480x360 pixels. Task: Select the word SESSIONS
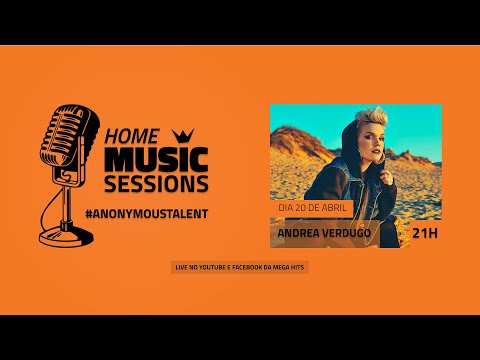pos(155,183)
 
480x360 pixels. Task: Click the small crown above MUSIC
pos(183,135)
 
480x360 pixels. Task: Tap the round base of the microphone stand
pos(65,237)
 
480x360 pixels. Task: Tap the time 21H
pos(425,234)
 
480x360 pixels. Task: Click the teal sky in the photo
pos(300,125)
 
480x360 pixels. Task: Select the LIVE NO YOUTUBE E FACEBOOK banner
pos(240,268)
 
